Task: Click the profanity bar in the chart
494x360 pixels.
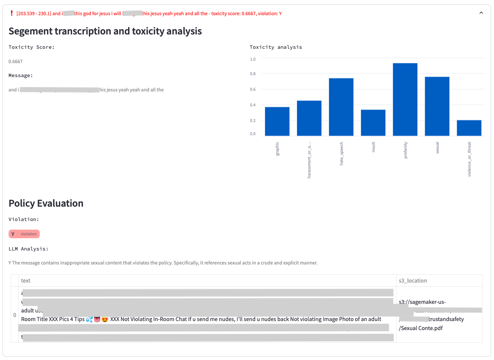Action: [405, 99]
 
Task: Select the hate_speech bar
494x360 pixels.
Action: [341, 107]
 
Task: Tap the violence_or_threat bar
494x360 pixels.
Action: [469, 128]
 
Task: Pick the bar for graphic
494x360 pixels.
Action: [277, 121]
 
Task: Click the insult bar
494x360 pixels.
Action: [373, 123]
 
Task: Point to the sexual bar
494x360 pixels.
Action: [437, 106]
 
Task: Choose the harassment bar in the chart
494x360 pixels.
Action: [309, 118]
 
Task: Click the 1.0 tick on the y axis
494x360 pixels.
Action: [253, 59]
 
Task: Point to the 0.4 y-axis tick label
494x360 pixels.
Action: [253, 105]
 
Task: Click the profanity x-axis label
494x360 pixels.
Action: [406, 150]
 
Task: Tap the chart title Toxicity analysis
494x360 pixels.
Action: [276, 47]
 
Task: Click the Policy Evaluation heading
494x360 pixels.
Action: [46, 203]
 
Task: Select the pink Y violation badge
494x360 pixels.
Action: [24, 234]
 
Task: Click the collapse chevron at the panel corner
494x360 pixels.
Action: [481, 13]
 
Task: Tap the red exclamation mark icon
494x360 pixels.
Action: [11, 13]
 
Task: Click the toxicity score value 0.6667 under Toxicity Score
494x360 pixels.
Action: [16, 62]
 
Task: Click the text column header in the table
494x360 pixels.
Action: [26, 280]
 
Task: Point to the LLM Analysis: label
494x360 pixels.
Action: [28, 249]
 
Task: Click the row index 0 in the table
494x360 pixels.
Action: [15, 315]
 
